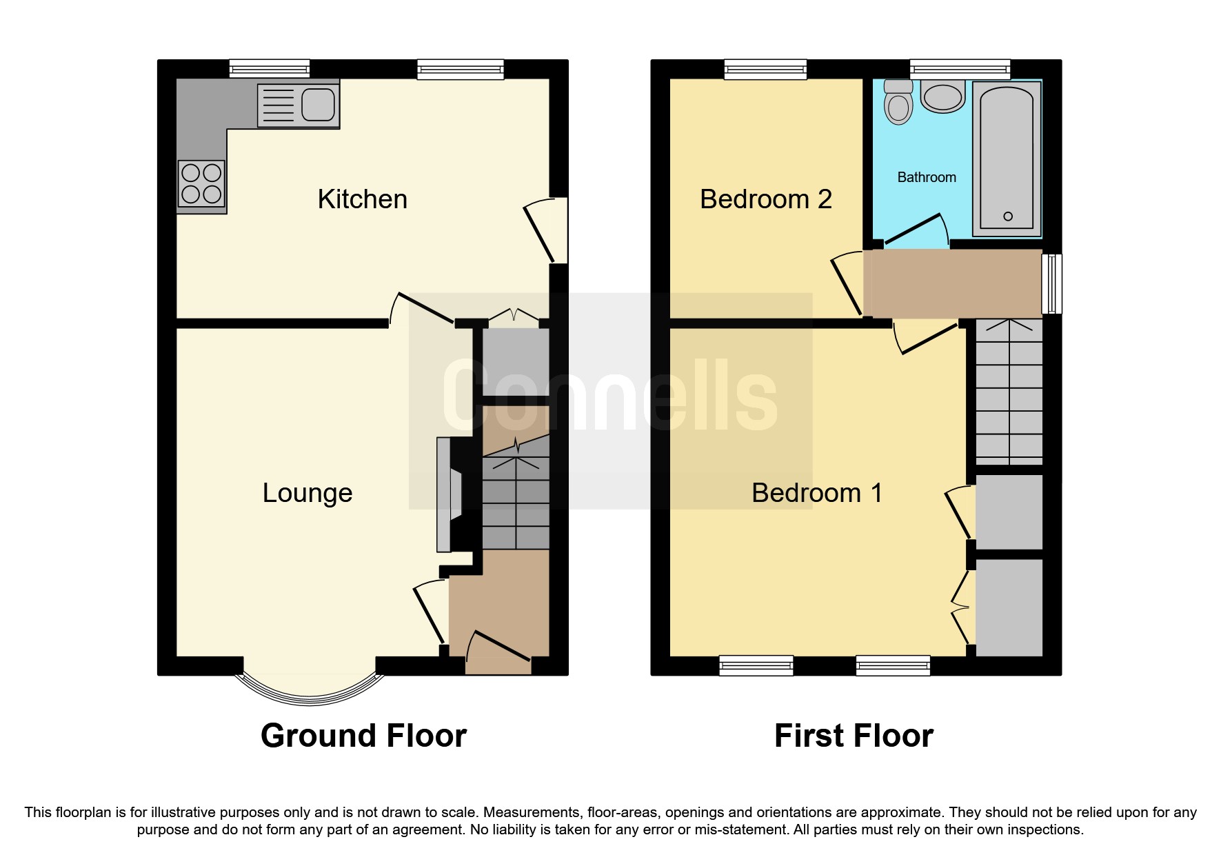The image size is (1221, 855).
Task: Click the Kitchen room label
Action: tap(362, 199)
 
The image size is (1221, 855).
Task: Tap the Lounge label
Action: tap(307, 493)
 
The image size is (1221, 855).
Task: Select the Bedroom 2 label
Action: tap(765, 199)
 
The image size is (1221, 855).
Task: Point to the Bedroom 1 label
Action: tap(816, 493)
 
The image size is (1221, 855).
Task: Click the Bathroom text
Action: tap(926, 177)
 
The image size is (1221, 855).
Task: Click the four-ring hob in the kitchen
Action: tap(201, 183)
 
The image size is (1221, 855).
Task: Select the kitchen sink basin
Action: tap(318, 105)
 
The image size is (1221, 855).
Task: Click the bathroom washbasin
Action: tap(942, 97)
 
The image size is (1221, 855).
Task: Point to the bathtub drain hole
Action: tap(1007, 217)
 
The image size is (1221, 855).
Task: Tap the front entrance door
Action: tap(498, 652)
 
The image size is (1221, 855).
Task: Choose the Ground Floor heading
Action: tap(363, 736)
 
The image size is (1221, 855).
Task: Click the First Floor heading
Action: tap(854, 736)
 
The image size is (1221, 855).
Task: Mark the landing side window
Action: tap(1051, 283)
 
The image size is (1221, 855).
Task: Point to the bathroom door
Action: tap(914, 230)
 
